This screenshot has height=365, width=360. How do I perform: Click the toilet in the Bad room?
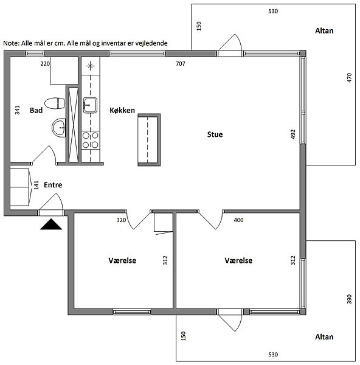point(55,103)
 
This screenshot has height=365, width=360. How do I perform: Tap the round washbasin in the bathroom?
point(58,128)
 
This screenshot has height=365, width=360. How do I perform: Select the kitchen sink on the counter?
point(90,105)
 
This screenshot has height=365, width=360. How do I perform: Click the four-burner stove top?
point(91,140)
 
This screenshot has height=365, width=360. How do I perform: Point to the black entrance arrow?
point(51,224)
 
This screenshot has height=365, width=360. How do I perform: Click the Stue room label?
point(215,134)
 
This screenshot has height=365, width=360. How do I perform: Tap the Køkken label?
point(122,110)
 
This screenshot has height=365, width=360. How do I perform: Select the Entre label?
point(53,185)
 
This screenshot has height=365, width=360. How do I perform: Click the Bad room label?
point(36,110)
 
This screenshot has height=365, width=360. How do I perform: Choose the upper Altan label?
point(324,30)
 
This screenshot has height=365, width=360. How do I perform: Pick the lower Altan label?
point(324,336)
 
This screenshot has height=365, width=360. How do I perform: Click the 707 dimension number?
point(181,63)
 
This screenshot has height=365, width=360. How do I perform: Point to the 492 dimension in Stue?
point(293,134)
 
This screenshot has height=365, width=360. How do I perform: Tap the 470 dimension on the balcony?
point(349,78)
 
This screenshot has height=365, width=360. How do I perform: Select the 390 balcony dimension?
point(349,299)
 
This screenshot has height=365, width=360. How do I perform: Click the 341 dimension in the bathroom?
point(17,110)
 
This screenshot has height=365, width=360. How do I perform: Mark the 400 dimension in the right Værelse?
point(238,220)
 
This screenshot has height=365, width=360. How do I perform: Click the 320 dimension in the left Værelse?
point(121,220)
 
